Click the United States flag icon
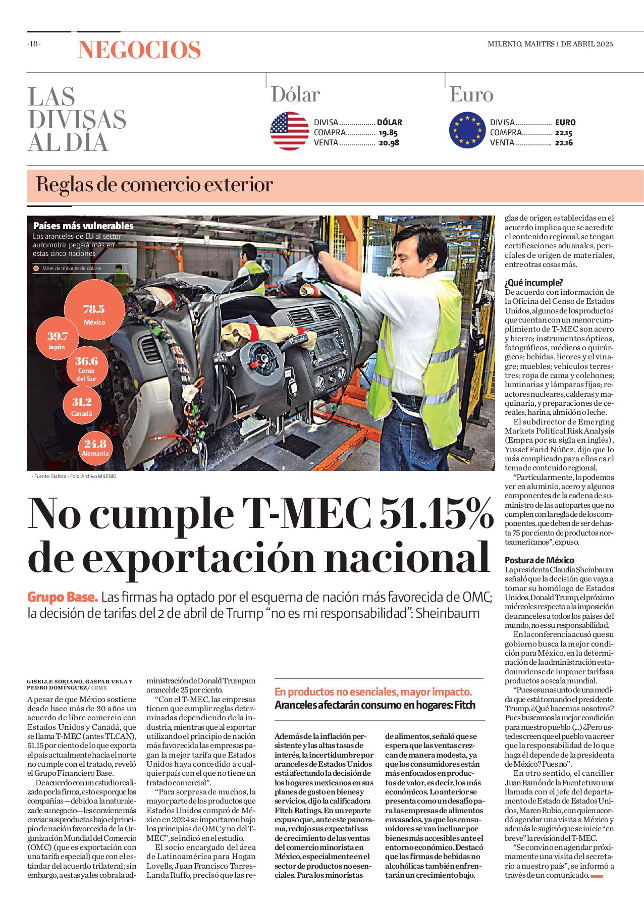click(289, 131)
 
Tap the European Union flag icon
click(467, 130)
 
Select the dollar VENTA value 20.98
click(389, 143)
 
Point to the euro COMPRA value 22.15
click(563, 133)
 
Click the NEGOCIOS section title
click(139, 50)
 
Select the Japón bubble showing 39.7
click(57, 340)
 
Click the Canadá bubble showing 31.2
click(82, 406)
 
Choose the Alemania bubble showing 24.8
click(95, 447)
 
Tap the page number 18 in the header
click(34, 44)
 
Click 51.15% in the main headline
click(436, 513)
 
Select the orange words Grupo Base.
click(62, 597)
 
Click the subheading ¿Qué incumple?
click(533, 283)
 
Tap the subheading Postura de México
click(539, 560)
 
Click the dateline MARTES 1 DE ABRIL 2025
click(569, 44)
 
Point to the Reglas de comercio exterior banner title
click(154, 185)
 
